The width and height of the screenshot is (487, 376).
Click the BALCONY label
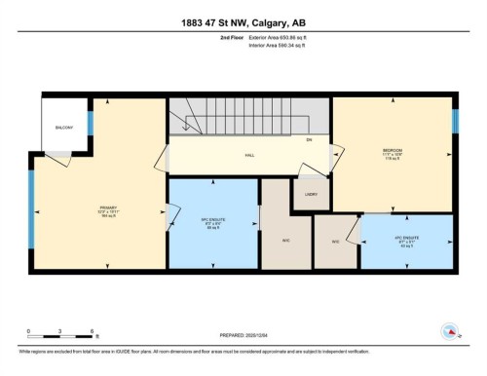click(64, 127)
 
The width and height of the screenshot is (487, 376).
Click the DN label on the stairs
click(308, 141)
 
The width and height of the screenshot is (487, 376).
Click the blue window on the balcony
click(90, 124)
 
